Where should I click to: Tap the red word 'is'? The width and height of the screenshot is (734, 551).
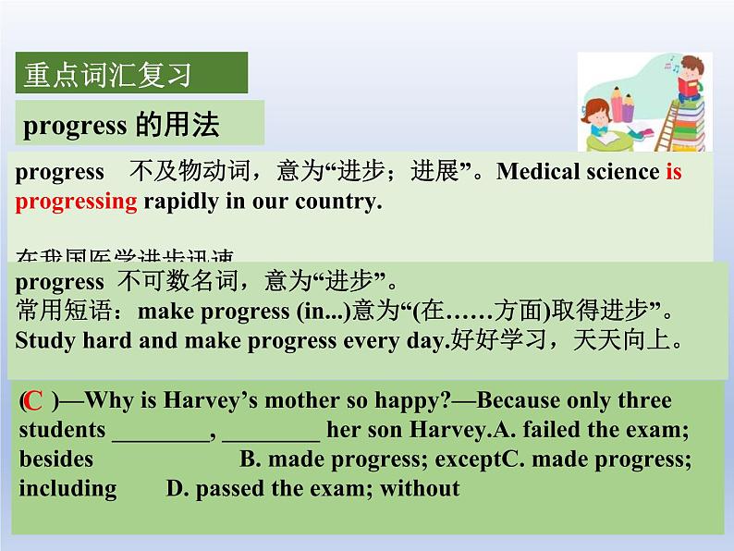tap(673, 172)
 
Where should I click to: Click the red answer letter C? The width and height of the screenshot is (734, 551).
tap(34, 401)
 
